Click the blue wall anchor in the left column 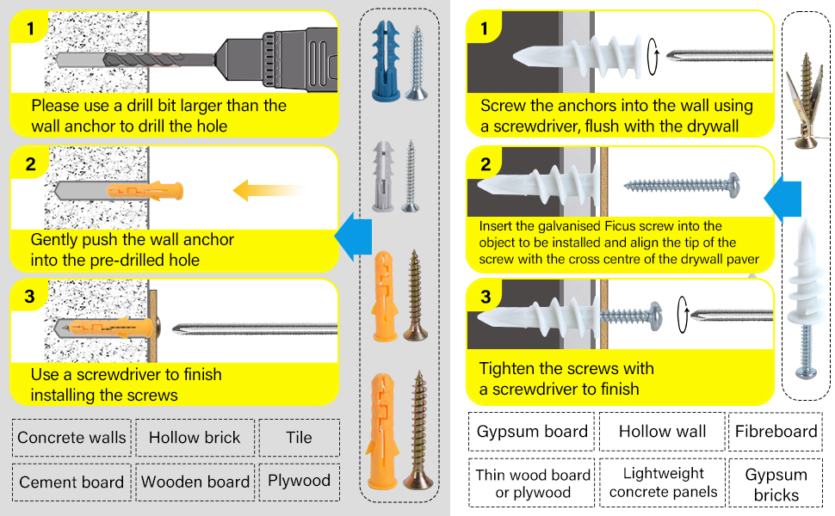(x=383, y=60)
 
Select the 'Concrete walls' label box (x=71, y=438)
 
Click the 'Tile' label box (x=299, y=438)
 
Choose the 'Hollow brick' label (x=195, y=438)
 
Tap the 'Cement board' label (x=71, y=482)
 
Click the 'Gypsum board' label (x=531, y=432)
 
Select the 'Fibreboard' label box (x=776, y=432)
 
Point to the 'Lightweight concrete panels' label (x=662, y=482)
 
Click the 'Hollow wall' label (x=662, y=432)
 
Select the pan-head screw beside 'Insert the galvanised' (x=682, y=184)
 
